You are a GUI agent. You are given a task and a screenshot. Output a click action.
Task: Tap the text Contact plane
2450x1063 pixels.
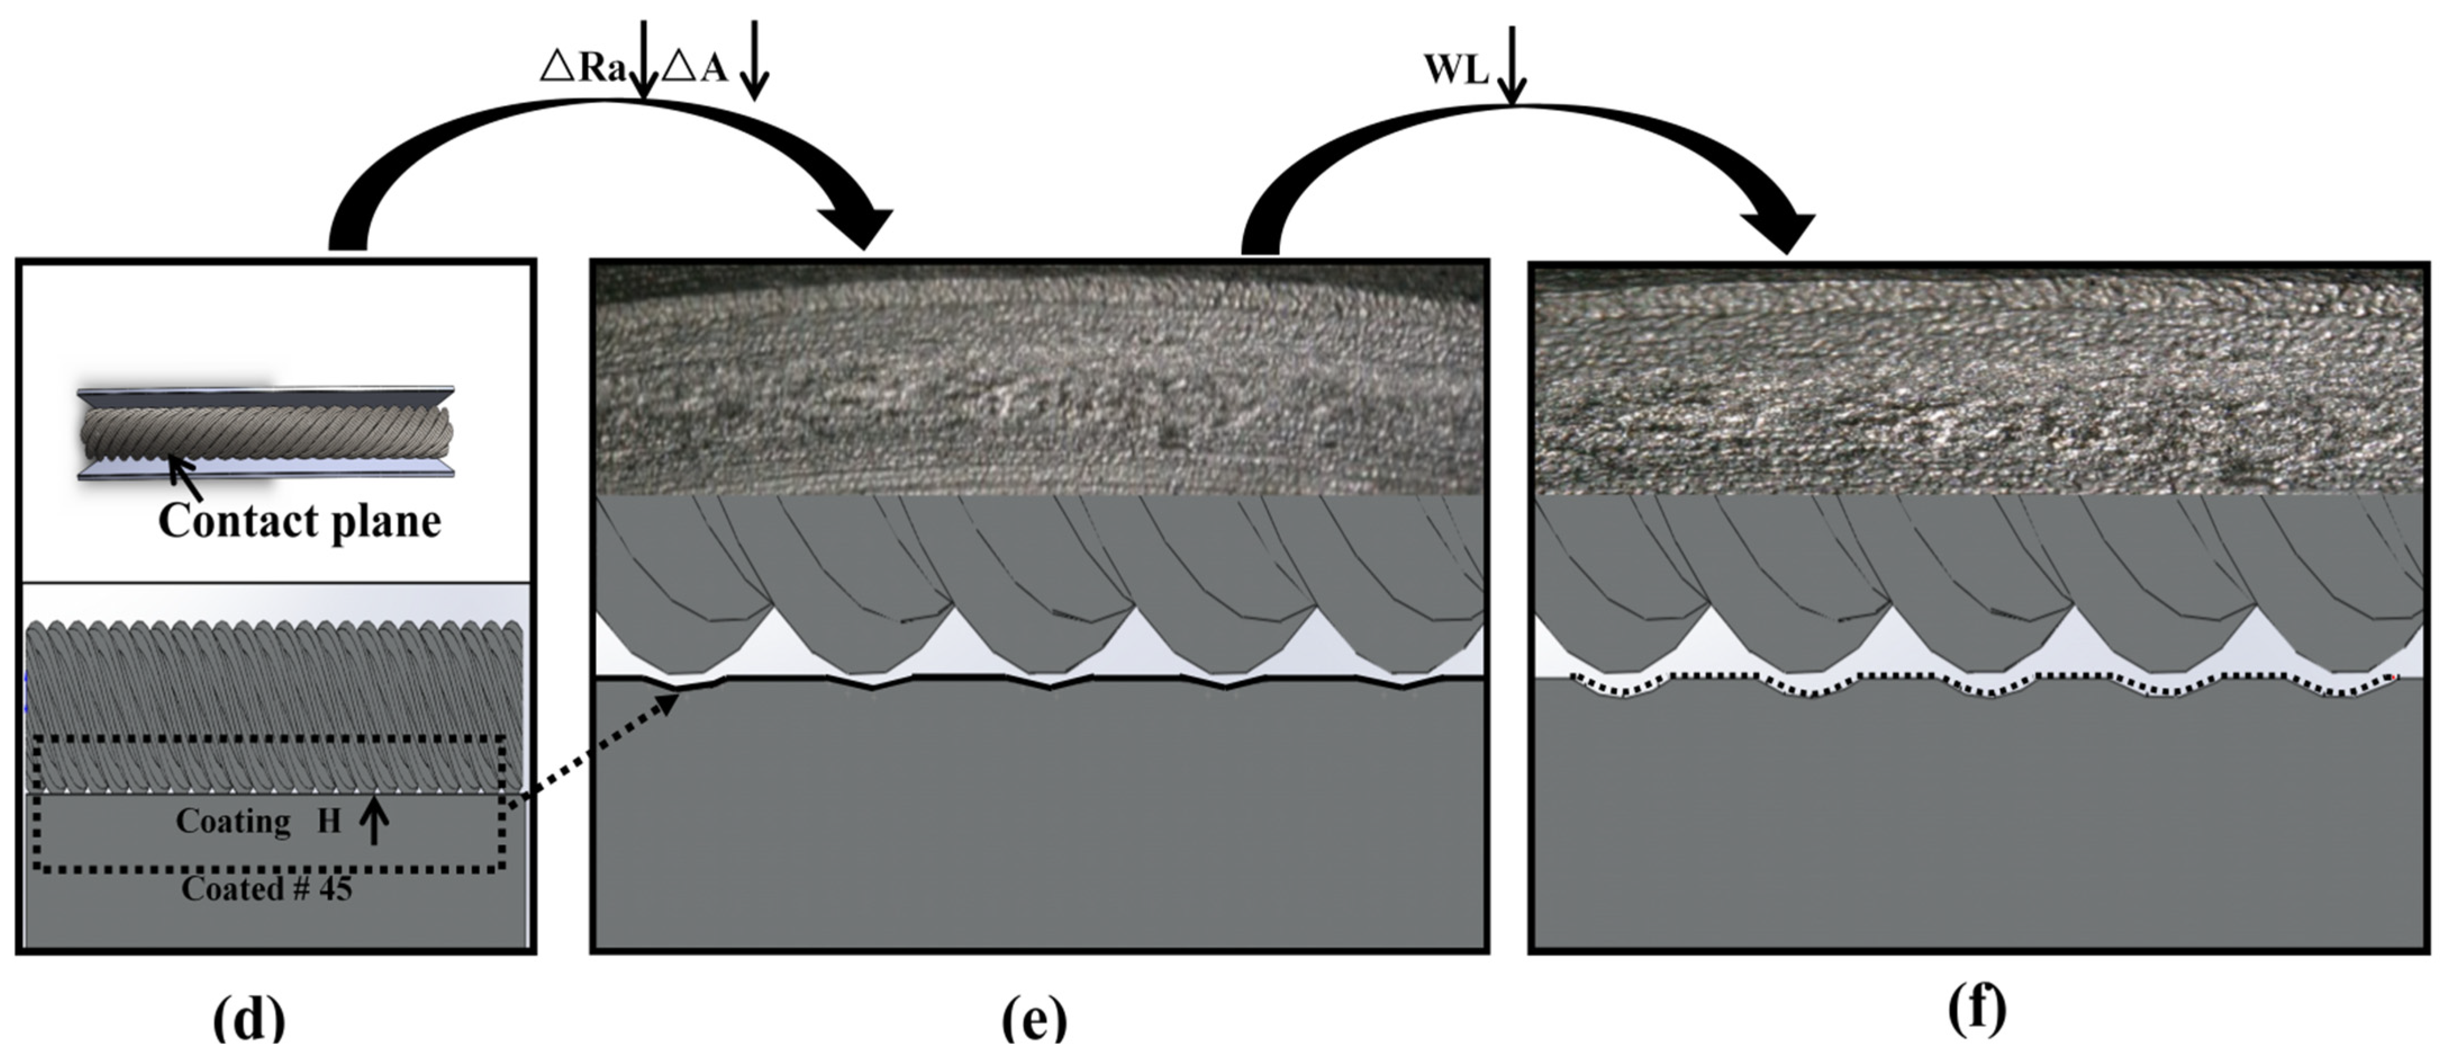pyautogui.click(x=300, y=521)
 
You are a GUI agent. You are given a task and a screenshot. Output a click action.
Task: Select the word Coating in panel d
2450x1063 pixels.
pyautogui.click(x=233, y=821)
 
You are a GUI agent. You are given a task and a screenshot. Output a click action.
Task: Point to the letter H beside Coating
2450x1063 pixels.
pyautogui.click(x=329, y=821)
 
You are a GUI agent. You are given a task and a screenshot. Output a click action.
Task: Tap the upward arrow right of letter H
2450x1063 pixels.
pyautogui.click(x=374, y=821)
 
